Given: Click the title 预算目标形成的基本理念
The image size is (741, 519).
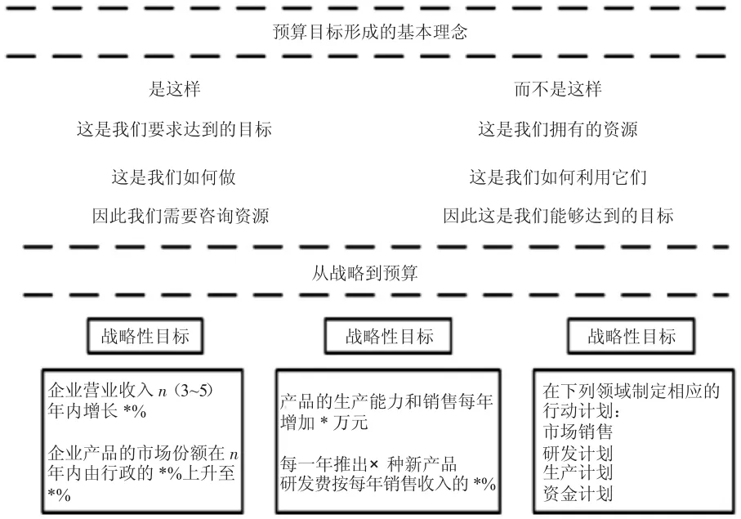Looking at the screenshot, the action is [x=370, y=32].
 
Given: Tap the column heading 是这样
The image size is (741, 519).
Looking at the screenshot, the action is [x=174, y=89].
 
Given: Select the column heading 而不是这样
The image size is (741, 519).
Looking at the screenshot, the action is [x=558, y=89].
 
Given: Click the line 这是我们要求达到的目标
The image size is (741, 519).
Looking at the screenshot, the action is [x=174, y=129].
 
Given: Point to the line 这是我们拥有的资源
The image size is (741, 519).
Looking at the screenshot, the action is [x=558, y=129].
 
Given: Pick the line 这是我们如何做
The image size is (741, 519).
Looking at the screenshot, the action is [x=174, y=177].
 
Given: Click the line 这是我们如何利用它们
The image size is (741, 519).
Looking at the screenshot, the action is [x=558, y=177].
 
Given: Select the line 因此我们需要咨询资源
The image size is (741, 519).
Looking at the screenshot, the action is [x=181, y=216].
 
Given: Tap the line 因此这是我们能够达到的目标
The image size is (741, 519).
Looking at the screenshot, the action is [x=558, y=216].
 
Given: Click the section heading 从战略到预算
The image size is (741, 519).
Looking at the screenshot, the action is [x=365, y=273].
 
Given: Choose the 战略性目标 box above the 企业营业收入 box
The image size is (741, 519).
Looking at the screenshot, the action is [x=145, y=336].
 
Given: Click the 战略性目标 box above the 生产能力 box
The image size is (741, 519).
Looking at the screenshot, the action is [x=388, y=336].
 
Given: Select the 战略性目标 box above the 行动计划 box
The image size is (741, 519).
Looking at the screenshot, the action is [x=632, y=336].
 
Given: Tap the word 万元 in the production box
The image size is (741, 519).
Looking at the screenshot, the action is [x=350, y=422].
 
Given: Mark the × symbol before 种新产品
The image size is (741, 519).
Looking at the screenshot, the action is [x=374, y=464].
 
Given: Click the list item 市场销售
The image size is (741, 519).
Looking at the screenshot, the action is [x=578, y=432].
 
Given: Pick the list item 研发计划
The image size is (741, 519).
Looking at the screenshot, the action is [x=578, y=453].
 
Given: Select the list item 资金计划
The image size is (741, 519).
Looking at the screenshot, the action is [x=578, y=494].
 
